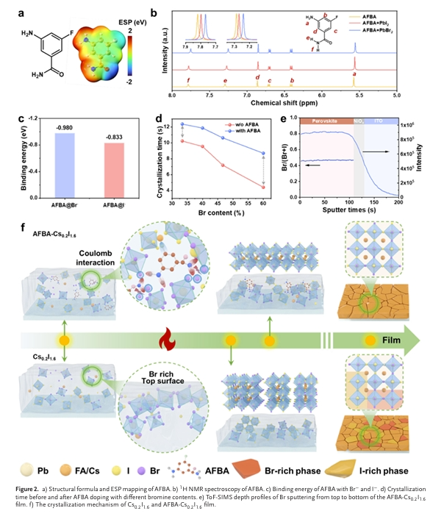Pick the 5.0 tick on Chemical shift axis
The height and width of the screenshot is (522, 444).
[397, 96]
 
